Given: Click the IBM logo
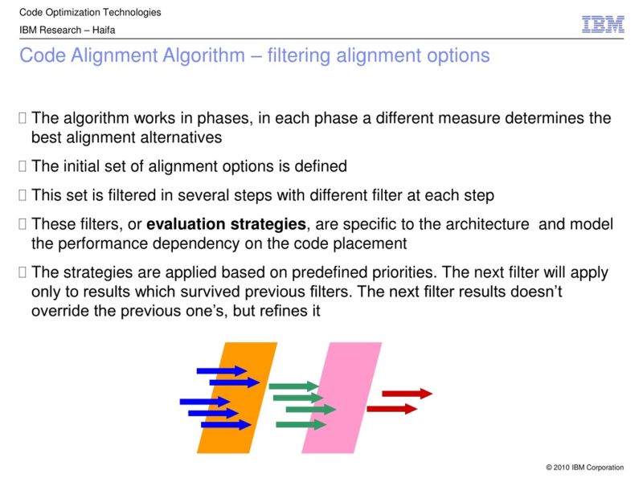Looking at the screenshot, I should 603,25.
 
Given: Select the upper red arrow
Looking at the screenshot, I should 407,394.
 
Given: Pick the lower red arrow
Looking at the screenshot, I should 391,409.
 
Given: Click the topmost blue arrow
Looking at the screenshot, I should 222,370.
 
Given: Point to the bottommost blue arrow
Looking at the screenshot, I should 227,425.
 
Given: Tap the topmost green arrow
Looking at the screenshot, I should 293,386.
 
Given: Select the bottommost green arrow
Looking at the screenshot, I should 301,424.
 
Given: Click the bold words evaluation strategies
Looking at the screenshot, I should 227,224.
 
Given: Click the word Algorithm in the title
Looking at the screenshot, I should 205,56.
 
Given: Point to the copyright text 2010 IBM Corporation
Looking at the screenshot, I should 584,468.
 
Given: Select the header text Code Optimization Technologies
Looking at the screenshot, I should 90,12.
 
